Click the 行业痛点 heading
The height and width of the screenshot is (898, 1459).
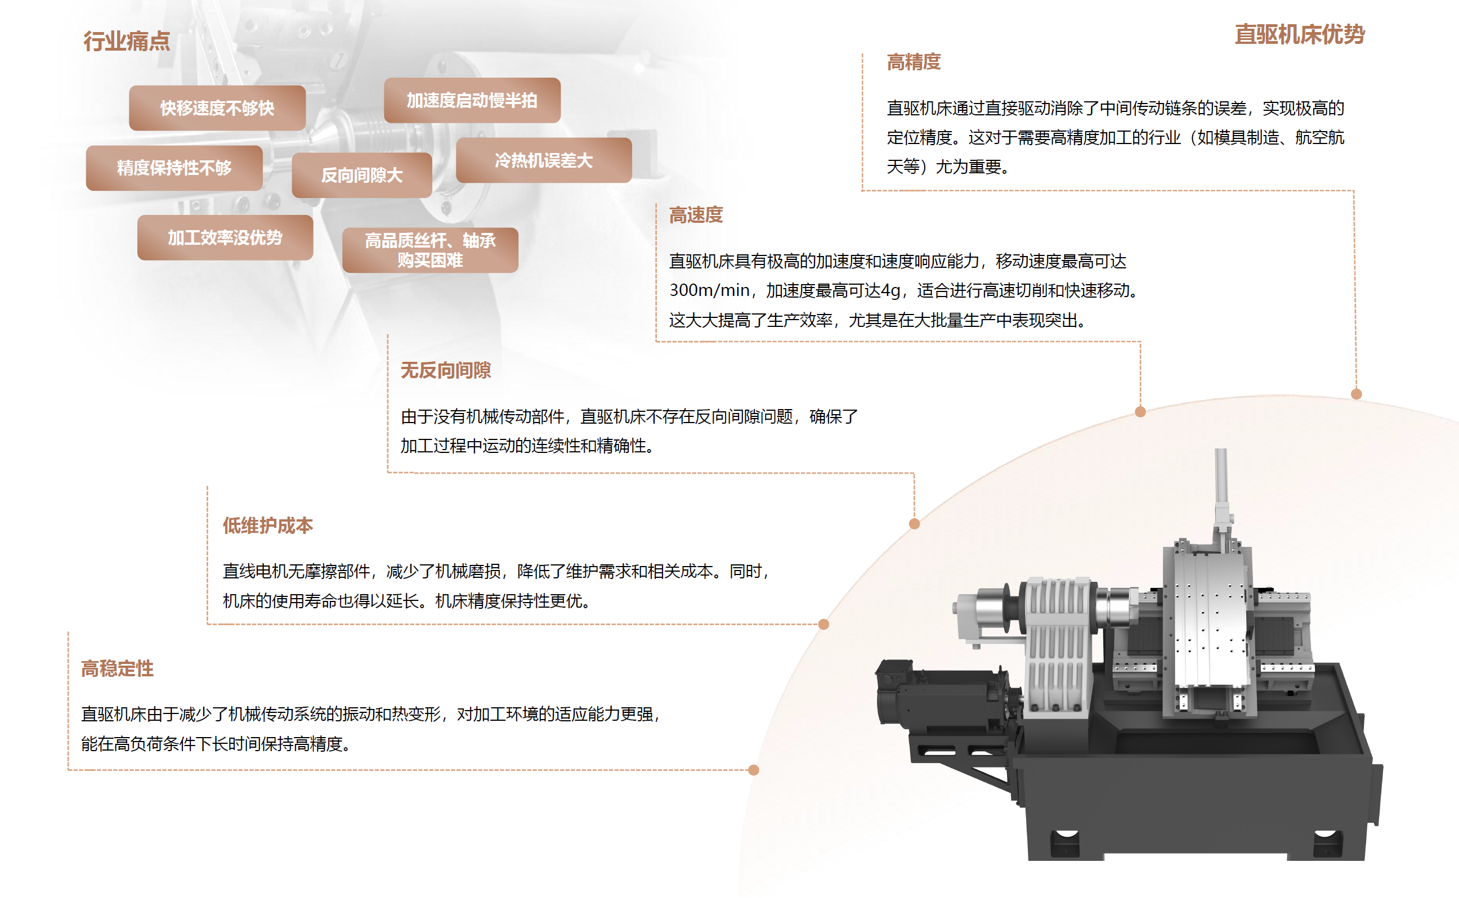tap(127, 41)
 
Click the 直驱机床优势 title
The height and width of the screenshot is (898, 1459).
tap(1300, 34)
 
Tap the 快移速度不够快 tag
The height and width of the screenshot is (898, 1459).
tap(217, 108)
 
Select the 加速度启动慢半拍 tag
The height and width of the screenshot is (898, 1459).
tap(472, 100)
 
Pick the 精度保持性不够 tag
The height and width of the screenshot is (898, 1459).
tap(174, 168)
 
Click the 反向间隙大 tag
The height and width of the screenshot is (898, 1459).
tap(362, 175)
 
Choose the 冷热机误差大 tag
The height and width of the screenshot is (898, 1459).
tap(544, 160)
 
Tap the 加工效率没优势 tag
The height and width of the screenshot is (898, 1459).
tap(225, 237)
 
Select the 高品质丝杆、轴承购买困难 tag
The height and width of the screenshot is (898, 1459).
tap(430, 250)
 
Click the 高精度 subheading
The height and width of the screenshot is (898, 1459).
tap(914, 62)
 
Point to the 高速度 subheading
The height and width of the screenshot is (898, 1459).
tap(696, 215)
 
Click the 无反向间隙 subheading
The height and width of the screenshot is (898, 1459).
tap(446, 371)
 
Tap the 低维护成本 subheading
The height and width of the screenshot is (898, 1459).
tap(268, 526)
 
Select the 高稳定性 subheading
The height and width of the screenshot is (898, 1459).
tap(118, 669)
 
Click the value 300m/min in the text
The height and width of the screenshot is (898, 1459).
tap(709, 290)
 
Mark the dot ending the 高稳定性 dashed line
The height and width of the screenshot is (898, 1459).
tap(754, 770)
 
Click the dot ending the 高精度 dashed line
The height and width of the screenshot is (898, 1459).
tap(1356, 394)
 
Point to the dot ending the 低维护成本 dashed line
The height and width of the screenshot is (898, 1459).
tap(824, 624)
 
